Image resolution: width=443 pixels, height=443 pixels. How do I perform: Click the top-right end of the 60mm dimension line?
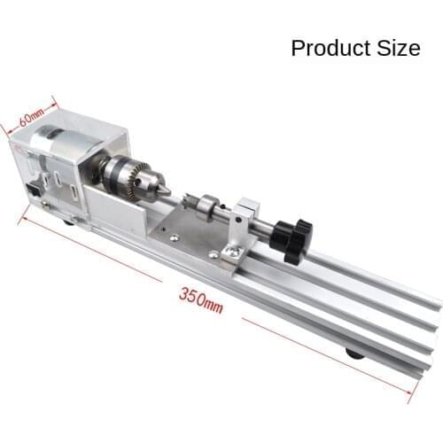click(x=58, y=99)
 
